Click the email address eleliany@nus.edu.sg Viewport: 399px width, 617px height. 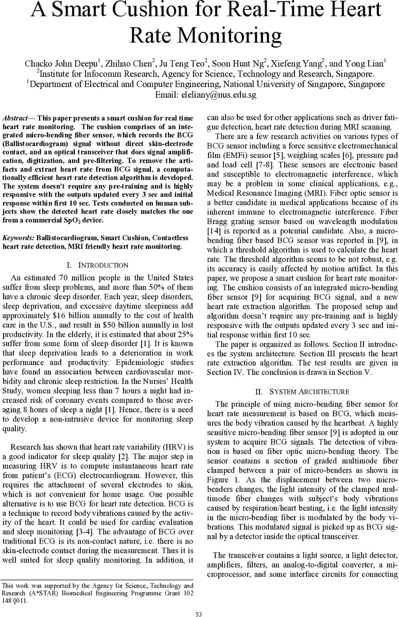(219, 95)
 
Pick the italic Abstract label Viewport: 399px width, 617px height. (18, 118)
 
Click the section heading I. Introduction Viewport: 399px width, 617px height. (98, 265)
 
